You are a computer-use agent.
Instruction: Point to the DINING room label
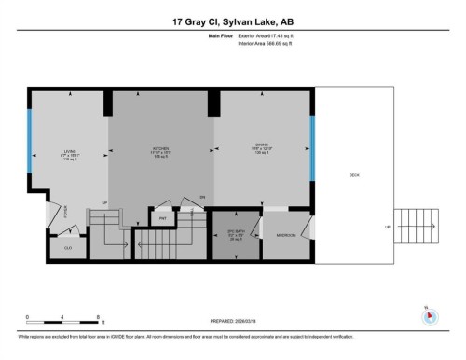coord(262,147)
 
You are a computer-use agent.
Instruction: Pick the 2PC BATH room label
coord(237,234)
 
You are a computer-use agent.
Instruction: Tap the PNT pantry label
coord(162,217)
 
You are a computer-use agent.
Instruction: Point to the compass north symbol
coord(430,313)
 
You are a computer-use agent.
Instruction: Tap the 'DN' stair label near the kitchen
coord(201,198)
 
